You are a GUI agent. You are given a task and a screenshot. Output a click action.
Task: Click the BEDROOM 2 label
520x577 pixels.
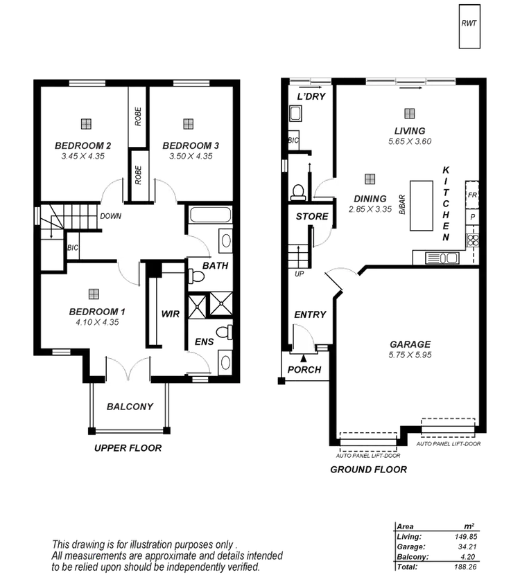click(84, 146)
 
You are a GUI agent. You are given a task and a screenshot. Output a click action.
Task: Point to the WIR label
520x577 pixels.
click(171, 314)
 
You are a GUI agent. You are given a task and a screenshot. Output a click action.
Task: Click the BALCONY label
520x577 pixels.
click(130, 407)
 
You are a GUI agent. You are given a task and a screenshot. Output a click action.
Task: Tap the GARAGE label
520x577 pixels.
click(410, 344)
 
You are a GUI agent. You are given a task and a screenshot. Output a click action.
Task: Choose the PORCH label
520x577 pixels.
click(304, 370)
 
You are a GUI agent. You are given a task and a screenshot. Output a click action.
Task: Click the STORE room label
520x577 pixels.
click(312, 217)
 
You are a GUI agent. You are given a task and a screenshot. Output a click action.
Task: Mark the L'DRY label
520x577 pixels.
click(310, 97)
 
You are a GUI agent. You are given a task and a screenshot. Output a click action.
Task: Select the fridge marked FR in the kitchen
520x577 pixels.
click(472, 196)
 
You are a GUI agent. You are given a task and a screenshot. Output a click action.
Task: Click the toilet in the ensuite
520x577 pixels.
click(222, 334)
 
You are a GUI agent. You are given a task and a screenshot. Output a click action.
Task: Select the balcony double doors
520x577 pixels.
click(127, 370)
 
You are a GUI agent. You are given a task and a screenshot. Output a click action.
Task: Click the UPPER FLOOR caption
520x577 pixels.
click(129, 448)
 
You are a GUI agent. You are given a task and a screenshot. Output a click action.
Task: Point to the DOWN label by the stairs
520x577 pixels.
click(111, 216)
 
